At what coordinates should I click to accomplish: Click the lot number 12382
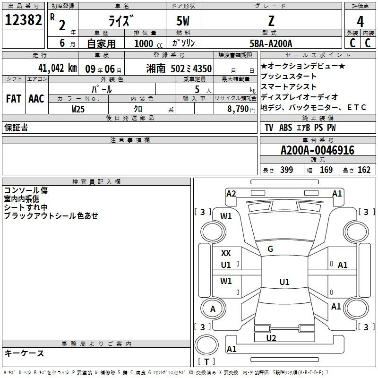[23, 19]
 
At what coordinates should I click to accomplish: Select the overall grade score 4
[360, 22]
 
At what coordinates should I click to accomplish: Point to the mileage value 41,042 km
[58, 68]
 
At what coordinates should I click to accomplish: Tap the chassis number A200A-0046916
[318, 150]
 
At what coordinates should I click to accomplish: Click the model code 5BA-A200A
[271, 43]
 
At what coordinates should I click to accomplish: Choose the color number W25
[78, 109]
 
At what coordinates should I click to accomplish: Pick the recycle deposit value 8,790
[238, 109]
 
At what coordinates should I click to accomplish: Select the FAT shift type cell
[14, 99]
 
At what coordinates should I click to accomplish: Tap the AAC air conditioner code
[36, 99]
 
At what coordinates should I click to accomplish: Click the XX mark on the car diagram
[226, 253]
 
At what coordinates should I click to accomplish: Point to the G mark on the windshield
[270, 249]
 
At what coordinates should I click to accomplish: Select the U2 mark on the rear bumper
[271, 338]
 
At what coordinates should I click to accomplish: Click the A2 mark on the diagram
[231, 194]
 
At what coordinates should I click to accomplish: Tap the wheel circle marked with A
[213, 309]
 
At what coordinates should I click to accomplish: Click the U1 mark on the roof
[284, 282]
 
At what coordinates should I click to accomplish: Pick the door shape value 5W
[183, 21]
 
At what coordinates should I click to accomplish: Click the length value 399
[287, 170]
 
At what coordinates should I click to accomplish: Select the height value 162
[364, 170]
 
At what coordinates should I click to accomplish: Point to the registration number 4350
[203, 69]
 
